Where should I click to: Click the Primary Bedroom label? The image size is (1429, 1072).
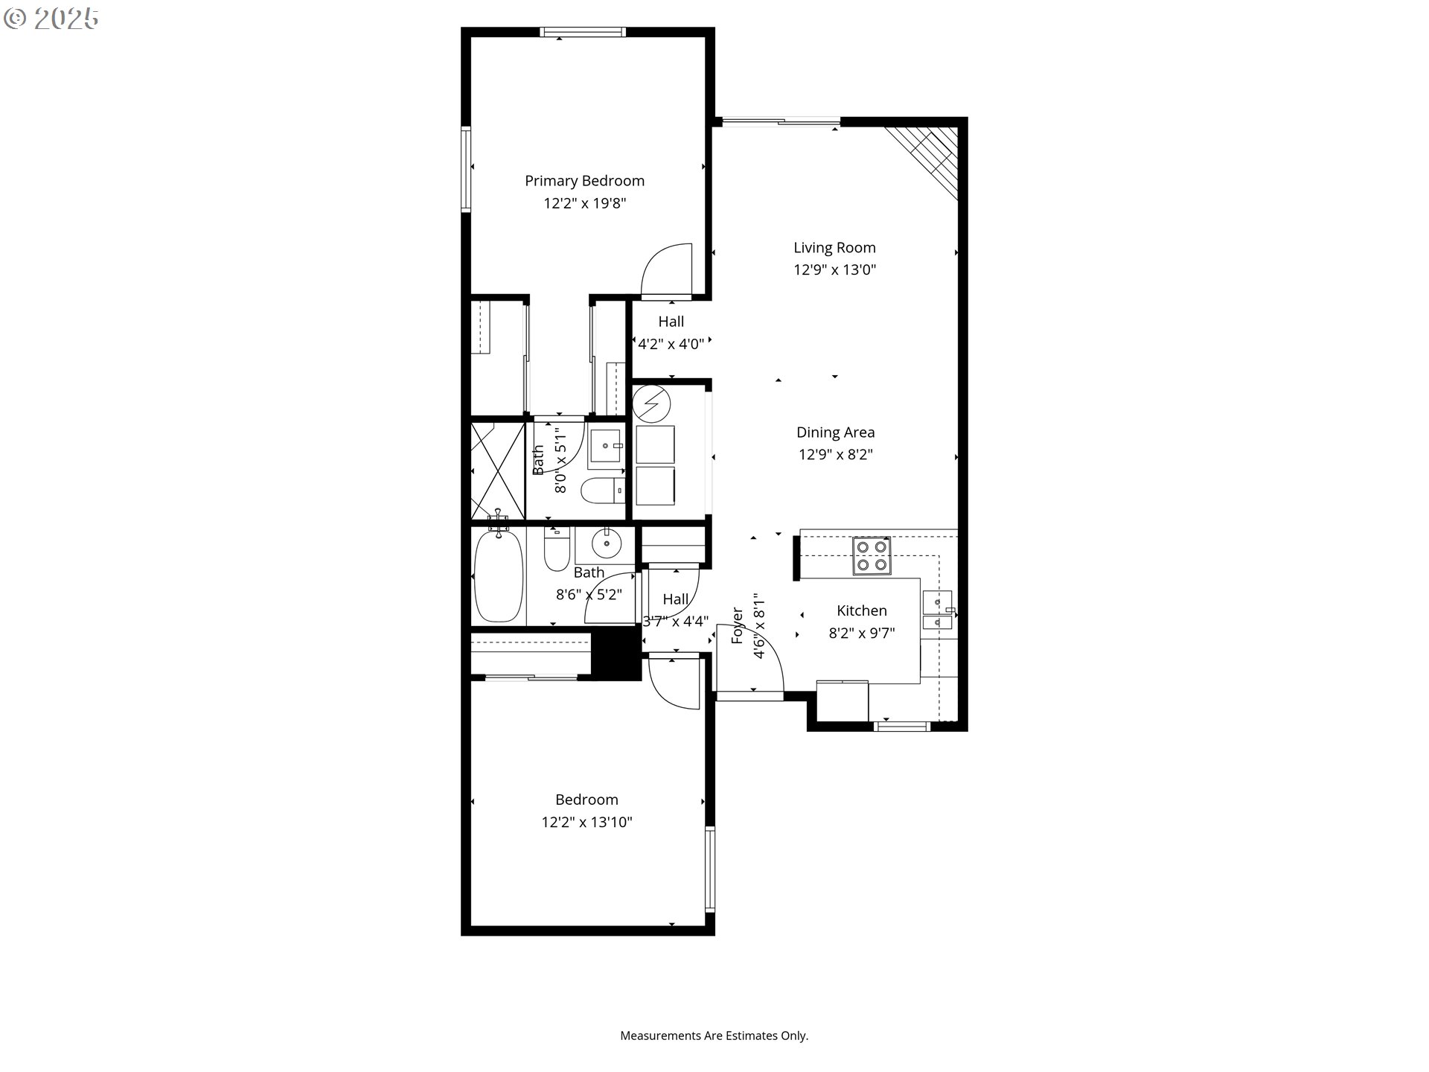coord(584,181)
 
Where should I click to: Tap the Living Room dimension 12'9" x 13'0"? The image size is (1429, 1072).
coord(834,269)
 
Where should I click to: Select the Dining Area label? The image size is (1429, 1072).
coord(835,433)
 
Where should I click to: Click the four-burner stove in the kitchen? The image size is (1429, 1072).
coord(872,556)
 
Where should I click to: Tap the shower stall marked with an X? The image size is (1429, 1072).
coord(498,470)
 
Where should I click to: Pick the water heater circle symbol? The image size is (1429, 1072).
coord(651,404)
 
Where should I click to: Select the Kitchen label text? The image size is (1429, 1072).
coord(861,610)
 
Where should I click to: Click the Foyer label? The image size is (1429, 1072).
coord(738,625)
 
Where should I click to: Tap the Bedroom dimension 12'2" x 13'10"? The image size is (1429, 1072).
coord(586,822)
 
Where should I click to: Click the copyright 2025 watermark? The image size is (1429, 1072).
coord(51,19)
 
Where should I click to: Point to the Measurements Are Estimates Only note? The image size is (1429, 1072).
coord(714,1036)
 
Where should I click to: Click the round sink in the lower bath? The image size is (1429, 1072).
coord(607,543)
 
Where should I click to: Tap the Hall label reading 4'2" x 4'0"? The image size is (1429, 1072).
coord(671,333)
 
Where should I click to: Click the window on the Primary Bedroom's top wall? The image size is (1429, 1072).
coord(583,32)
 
